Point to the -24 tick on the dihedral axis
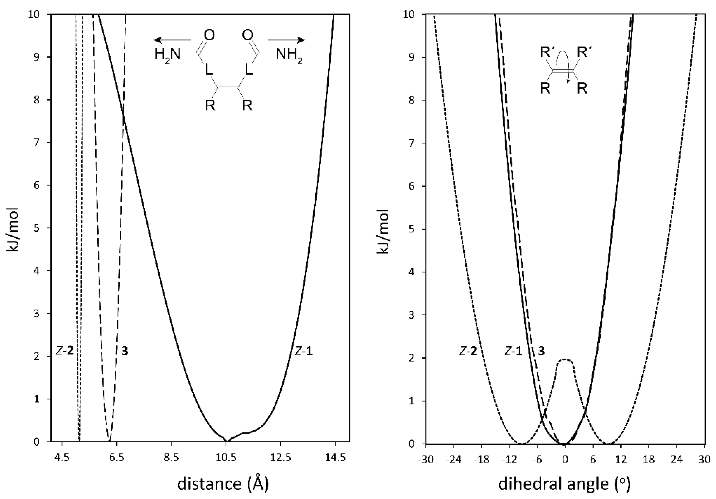tap(454, 460)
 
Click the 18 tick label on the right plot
tap(649, 460)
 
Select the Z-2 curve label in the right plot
tap(468, 351)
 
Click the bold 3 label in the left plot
tap(125, 351)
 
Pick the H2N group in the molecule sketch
tap(168, 55)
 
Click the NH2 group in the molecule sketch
tap(289, 55)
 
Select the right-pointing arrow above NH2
tap(286, 40)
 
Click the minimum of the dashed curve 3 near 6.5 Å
tap(109, 441)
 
